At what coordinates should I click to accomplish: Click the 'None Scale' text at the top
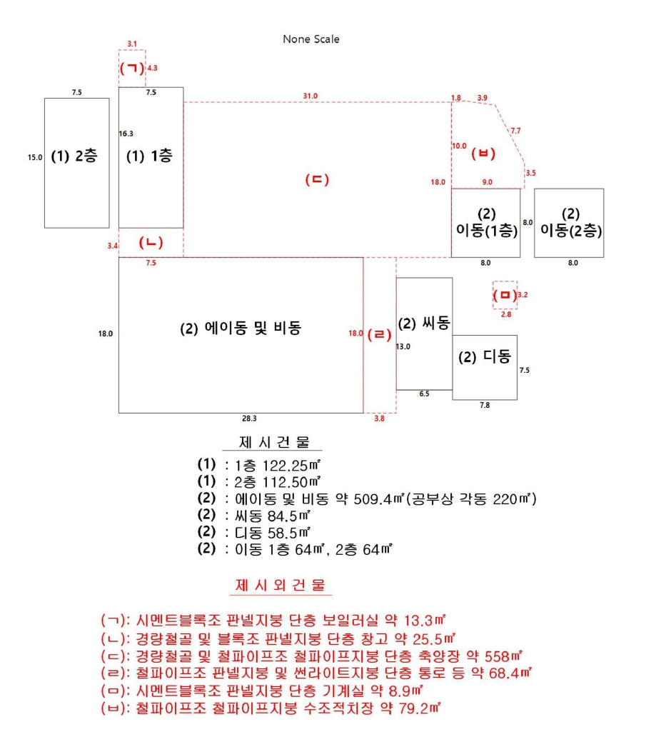click(x=311, y=39)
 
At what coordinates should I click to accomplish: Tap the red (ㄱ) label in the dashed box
click(x=132, y=68)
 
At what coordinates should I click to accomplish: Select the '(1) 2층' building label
click(x=74, y=156)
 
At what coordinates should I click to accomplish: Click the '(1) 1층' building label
click(x=149, y=156)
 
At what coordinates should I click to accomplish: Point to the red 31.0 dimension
click(x=311, y=96)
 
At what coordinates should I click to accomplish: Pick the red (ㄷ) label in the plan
click(x=317, y=179)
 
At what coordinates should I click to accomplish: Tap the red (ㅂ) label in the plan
click(x=483, y=154)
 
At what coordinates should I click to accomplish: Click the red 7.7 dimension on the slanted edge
click(x=515, y=131)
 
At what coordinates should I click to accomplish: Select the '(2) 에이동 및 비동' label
click(x=241, y=328)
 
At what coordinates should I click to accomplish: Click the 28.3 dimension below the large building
click(x=249, y=418)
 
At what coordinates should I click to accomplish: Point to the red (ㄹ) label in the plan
click(x=379, y=334)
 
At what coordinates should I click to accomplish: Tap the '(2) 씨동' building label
click(x=424, y=324)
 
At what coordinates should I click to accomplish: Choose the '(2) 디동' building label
click(x=485, y=357)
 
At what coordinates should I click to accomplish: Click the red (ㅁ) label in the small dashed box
click(x=505, y=295)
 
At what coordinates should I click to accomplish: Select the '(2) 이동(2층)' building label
click(x=571, y=222)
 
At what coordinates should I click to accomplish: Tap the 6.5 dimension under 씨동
click(x=424, y=393)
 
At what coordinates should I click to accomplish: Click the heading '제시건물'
click(x=274, y=443)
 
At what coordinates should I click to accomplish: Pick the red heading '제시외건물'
click(x=281, y=586)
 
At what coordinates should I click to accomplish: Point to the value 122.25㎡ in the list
click(x=292, y=466)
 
